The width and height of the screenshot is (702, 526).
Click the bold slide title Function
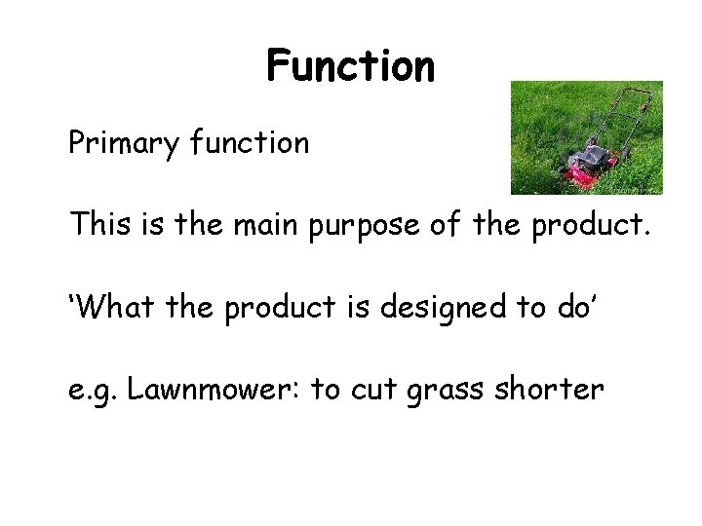point(350,68)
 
